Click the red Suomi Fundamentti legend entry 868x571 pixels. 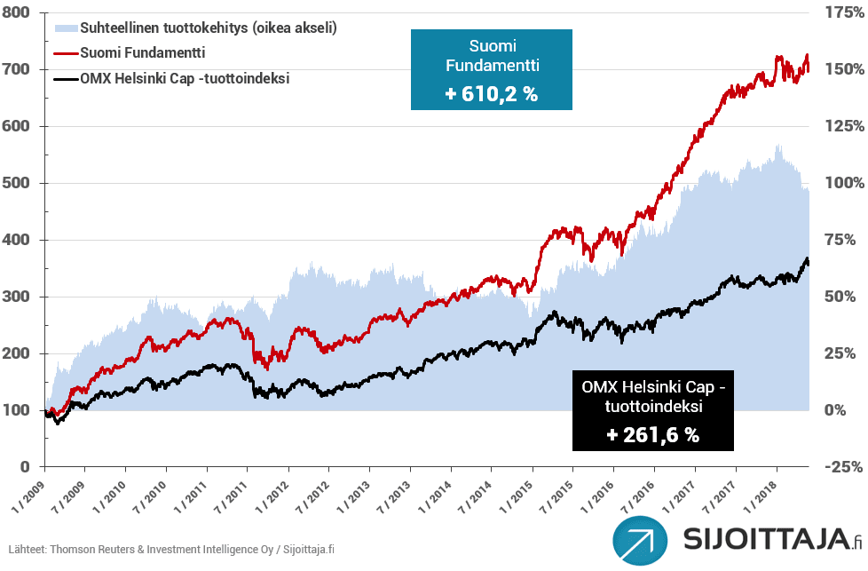pyautogui.click(x=142, y=53)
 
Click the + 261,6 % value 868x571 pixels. pyautogui.click(x=652, y=435)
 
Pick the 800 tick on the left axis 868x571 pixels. pyautogui.click(x=18, y=12)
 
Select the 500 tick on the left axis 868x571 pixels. pyautogui.click(x=18, y=183)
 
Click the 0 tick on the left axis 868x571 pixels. pyautogui.click(x=25, y=467)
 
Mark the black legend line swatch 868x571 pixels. pyautogui.click(x=65, y=79)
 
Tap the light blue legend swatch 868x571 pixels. pyautogui.click(x=65, y=28)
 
